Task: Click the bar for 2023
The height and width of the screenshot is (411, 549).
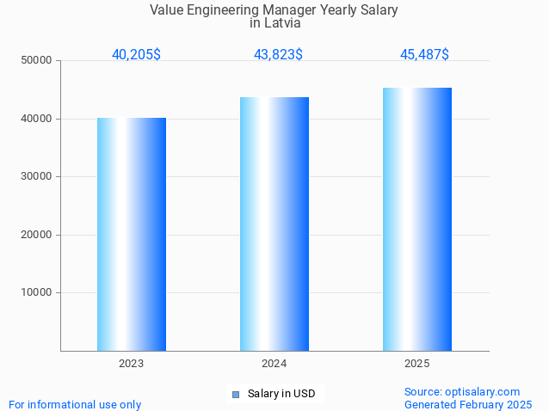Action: [x=132, y=234]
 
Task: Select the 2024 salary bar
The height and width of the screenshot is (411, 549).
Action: [x=274, y=224]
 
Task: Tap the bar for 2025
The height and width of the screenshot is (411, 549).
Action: [x=417, y=219]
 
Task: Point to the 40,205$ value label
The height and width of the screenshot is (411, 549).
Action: [x=136, y=54]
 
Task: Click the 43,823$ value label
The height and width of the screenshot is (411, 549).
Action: [x=278, y=54]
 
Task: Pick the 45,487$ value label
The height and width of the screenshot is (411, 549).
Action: [x=424, y=54]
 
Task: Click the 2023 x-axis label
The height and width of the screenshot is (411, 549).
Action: [x=132, y=364]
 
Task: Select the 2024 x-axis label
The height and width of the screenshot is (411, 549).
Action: [x=274, y=364]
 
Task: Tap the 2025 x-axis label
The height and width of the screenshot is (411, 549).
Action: [x=417, y=364]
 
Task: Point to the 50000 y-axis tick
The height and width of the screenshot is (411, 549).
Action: [x=37, y=61]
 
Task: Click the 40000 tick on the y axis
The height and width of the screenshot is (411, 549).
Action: [x=37, y=119]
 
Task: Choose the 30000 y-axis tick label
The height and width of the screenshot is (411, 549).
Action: [x=37, y=176]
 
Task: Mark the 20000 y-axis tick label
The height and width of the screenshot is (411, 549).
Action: [x=37, y=235]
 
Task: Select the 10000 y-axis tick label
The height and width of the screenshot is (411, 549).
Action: [x=37, y=292]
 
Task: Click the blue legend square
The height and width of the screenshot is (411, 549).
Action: [x=235, y=395]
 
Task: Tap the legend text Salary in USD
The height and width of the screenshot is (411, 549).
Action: [x=281, y=394]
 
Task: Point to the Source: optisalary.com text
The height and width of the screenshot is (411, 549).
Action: [x=462, y=391]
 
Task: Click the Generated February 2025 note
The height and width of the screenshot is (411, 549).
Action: [x=468, y=404]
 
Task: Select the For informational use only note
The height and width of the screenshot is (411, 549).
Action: [x=75, y=404]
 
